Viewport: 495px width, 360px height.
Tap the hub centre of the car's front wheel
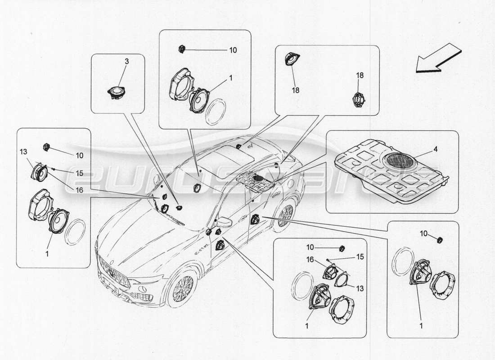click(182, 288)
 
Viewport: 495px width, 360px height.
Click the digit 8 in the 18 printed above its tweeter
click(361, 75)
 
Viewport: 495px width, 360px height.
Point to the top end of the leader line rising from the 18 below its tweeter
click(292, 65)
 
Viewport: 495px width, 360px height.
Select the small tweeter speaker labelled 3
click(116, 93)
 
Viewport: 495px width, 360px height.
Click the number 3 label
click(126, 61)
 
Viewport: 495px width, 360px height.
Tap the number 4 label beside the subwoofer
click(436, 149)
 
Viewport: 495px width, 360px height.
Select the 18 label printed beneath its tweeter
click(296, 90)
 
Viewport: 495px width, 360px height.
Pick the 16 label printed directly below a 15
click(79, 190)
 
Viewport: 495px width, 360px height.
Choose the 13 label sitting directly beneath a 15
click(360, 288)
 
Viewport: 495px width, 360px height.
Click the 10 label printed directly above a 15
click(310, 247)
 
